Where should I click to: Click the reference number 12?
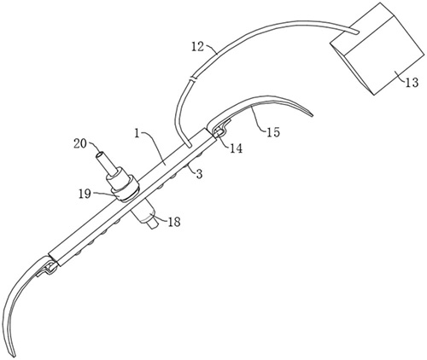pyautogui.click(x=197, y=47)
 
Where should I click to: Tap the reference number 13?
pyautogui.click(x=412, y=82)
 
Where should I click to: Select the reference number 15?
pyautogui.click(x=273, y=132)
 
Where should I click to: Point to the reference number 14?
pyautogui.click(x=236, y=148)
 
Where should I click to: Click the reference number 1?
pyautogui.click(x=137, y=133)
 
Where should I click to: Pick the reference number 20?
pyautogui.click(x=80, y=143)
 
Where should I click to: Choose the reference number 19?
pyautogui.click(x=85, y=194)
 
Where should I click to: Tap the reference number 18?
pyautogui.click(x=174, y=222)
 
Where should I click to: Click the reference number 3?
pyautogui.click(x=199, y=174)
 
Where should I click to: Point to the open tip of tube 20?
pyautogui.click(x=99, y=155)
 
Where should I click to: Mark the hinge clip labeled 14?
pyautogui.click(x=219, y=129)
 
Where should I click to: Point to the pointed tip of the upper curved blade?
pyautogui.click(x=313, y=115)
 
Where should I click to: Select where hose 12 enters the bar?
pyautogui.click(x=189, y=146)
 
